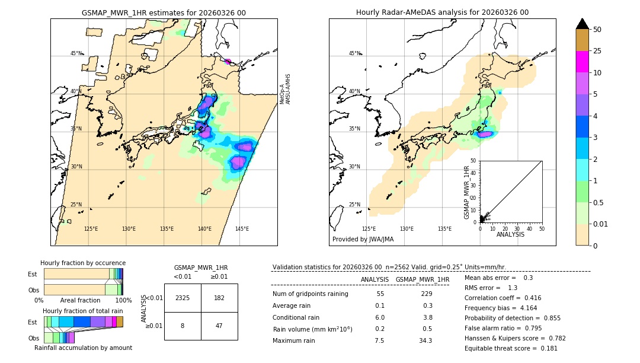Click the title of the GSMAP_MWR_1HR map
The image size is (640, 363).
click(x=164, y=12)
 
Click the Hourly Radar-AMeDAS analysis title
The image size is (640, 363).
click(x=442, y=12)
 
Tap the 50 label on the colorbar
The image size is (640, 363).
click(x=597, y=29)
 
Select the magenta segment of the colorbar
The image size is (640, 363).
click(x=582, y=62)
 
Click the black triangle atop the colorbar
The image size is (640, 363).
click(x=582, y=24)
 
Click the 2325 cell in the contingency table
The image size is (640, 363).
click(x=183, y=298)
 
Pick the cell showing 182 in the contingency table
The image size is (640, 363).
click(x=219, y=298)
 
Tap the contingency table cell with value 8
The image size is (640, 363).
click(x=183, y=326)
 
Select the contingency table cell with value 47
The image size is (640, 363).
click(x=219, y=326)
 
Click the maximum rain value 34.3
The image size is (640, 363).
click(x=426, y=340)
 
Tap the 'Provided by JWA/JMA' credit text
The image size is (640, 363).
click(x=363, y=239)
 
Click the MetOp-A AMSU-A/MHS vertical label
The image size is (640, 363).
click(x=285, y=89)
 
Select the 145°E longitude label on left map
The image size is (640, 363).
click(x=242, y=229)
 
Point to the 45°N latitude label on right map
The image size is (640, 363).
click(x=354, y=53)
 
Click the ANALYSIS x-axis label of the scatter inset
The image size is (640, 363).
click(x=511, y=234)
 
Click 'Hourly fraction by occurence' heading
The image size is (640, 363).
click(x=83, y=263)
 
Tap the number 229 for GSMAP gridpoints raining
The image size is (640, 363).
click(x=426, y=294)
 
